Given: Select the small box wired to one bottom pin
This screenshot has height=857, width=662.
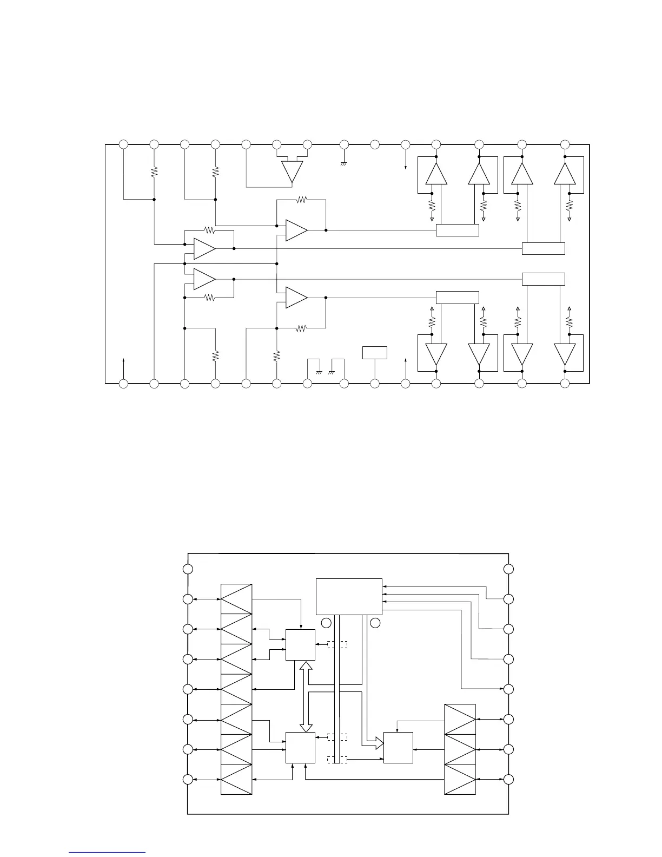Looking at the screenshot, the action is [375, 352].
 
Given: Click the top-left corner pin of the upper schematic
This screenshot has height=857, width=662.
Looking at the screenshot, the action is [123, 144].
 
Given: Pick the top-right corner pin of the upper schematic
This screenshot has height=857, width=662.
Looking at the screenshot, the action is [565, 144].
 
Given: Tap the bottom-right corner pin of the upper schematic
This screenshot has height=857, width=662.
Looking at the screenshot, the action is [565, 384].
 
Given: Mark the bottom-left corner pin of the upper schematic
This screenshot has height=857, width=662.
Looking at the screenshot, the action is [123, 384].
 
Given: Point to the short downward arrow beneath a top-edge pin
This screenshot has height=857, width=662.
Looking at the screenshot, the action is [406, 162].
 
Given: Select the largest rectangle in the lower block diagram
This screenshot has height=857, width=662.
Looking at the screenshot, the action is [349, 597].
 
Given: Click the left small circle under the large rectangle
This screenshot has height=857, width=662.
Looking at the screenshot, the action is [326, 623].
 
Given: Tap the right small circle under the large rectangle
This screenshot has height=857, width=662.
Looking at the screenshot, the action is [375, 623].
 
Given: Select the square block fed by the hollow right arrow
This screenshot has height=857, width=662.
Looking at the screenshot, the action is [398, 748].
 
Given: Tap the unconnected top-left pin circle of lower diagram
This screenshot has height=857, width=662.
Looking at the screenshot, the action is [188, 569].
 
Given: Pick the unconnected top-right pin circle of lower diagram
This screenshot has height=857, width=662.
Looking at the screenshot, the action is [508, 569].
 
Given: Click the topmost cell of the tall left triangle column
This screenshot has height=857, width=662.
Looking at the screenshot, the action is [236, 599].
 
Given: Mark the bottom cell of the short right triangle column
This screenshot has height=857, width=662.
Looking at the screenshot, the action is [460, 779].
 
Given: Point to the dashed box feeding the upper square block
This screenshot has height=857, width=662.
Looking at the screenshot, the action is [336, 644].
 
